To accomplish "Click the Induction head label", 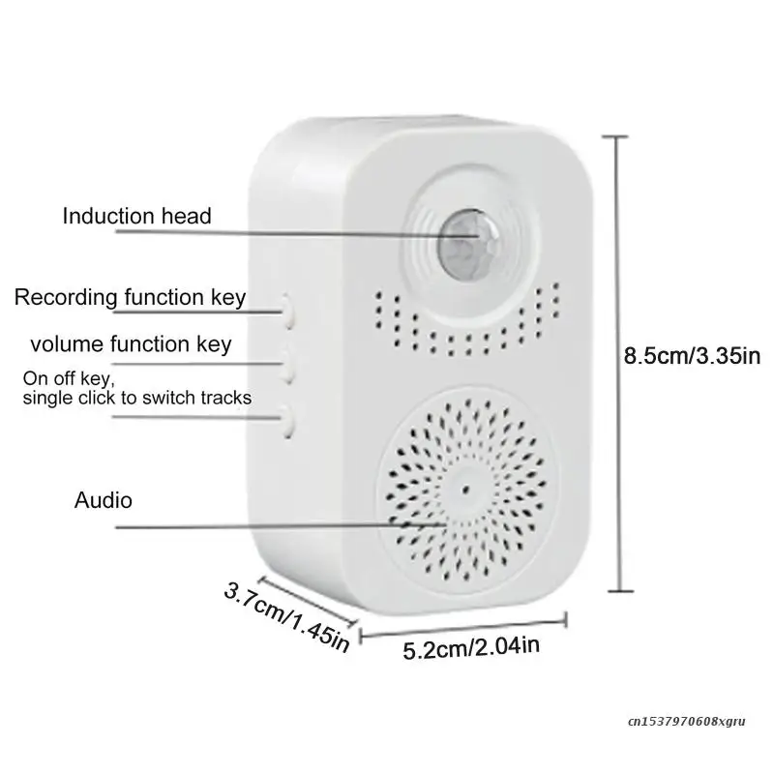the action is (136, 215).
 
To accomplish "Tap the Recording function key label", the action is (130, 297).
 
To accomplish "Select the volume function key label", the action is (131, 343).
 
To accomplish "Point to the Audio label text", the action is (104, 500).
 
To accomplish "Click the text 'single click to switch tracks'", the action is (137, 398).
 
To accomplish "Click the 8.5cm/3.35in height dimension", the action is (692, 356).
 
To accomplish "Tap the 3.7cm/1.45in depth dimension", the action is (285, 614).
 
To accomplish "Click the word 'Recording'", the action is (66, 297).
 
